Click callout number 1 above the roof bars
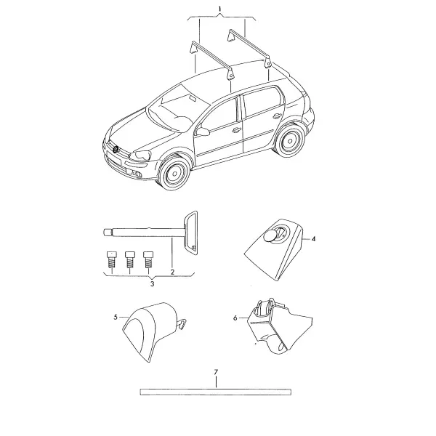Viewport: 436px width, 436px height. coord(220,9)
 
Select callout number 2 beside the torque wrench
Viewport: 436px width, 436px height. coord(172,272)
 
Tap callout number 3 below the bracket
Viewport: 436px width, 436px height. coord(152,284)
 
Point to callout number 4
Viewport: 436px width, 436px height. coord(313,239)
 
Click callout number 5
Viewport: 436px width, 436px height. coord(116,317)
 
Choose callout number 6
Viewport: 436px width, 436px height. coord(235,318)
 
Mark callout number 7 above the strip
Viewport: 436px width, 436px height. coord(216,372)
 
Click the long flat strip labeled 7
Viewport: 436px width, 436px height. coord(216,392)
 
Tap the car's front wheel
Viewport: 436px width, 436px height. coord(174,173)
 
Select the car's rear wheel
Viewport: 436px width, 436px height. coord(289,140)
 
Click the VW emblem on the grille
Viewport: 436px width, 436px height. coord(116,150)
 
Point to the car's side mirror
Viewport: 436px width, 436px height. coord(203,132)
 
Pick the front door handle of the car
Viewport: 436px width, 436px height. coord(236,129)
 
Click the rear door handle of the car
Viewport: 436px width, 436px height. coord(277,116)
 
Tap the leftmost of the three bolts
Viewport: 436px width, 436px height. coord(112,259)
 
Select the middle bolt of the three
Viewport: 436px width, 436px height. coord(130,259)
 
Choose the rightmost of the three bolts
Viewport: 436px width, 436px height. coord(148,259)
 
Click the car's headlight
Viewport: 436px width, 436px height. coord(141,156)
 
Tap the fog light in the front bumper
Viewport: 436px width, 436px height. coord(137,174)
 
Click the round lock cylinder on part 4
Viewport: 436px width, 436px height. coord(269,235)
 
